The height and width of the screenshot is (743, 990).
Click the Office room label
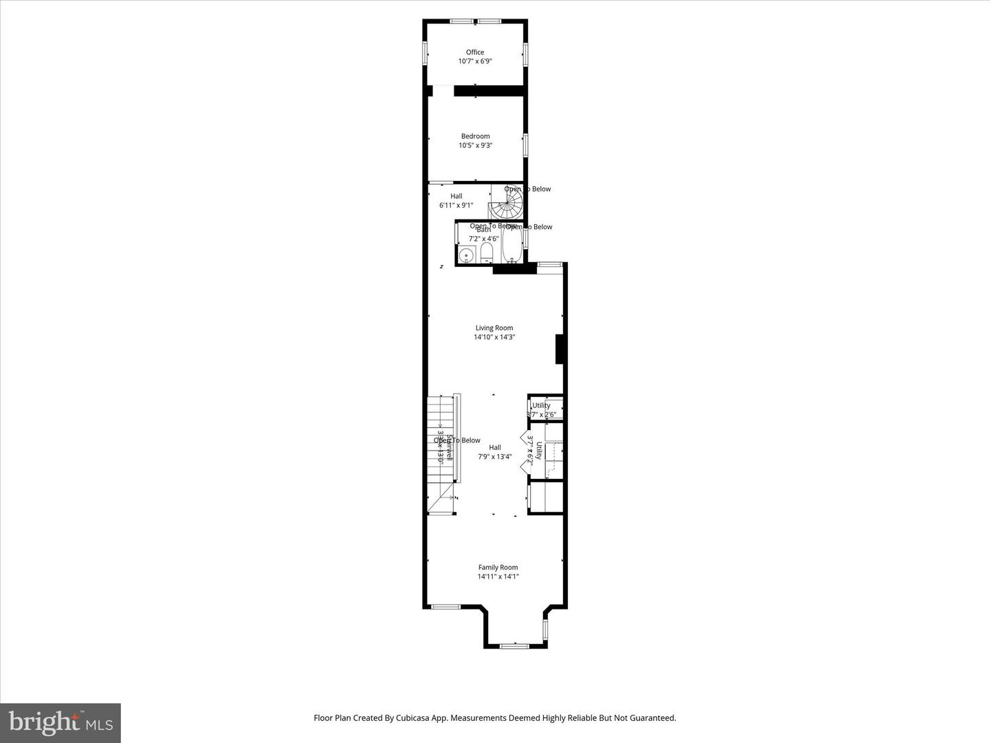click(475, 52)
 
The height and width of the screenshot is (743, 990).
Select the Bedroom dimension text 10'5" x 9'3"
click(475, 145)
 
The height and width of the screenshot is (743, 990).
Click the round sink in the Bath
click(467, 255)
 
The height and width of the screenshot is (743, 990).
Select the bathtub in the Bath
click(511, 245)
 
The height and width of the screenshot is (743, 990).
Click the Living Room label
click(494, 328)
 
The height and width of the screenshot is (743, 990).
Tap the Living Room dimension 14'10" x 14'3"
click(494, 337)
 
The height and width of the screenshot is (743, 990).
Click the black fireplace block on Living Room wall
click(560, 349)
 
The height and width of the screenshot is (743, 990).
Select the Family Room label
click(498, 568)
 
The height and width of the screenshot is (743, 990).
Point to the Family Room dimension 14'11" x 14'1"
click(498, 577)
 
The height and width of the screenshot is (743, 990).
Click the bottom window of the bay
click(514, 645)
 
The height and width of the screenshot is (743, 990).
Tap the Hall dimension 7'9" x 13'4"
click(495, 456)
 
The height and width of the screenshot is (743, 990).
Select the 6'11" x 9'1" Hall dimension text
click(456, 205)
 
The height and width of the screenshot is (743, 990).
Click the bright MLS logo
click(60, 722)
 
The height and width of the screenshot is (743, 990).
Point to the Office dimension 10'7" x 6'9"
click(475, 61)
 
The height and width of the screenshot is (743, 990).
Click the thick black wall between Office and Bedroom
click(489, 91)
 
